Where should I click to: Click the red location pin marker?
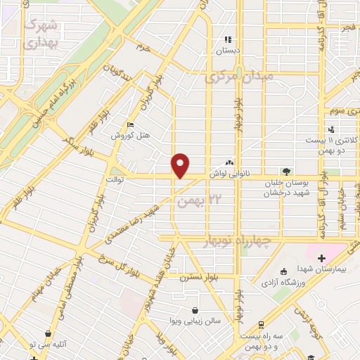[181, 165]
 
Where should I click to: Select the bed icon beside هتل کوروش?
[129, 124]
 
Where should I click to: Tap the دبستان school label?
[228, 51]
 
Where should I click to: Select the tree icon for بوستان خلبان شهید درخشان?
[285, 170]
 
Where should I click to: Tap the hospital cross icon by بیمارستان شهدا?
[322, 259]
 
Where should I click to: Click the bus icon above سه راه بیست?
[261, 325]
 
